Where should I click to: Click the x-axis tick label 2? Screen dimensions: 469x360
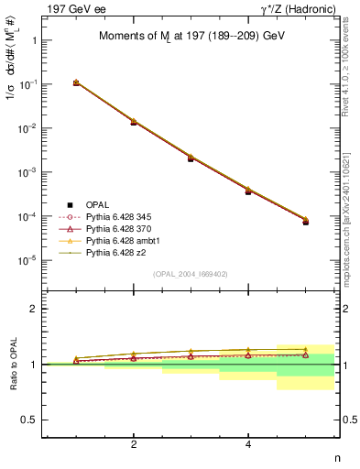134,445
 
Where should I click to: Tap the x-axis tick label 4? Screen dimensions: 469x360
248,445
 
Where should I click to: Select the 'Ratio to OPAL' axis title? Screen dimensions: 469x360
13,365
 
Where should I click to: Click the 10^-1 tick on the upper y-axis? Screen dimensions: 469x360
28,84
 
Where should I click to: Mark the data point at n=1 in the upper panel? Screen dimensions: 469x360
76,82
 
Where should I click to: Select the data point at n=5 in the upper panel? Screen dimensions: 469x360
306,221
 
